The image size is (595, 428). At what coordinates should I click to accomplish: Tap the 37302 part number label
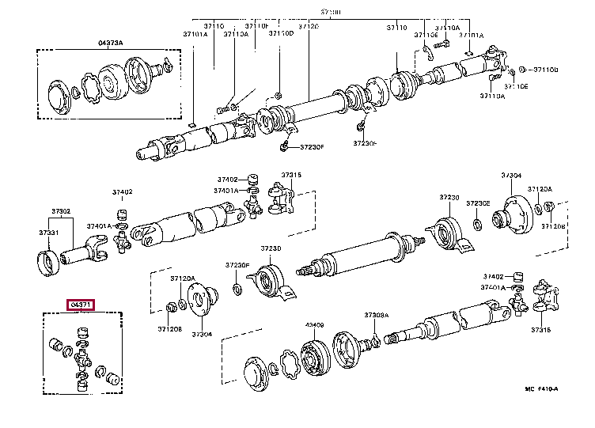pyautogui.click(x=61, y=211)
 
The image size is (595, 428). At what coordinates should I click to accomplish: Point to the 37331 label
pyautogui.click(x=49, y=233)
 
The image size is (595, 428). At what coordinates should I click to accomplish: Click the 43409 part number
pyautogui.click(x=314, y=325)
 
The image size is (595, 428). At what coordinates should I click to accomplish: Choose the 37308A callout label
pyautogui.click(x=377, y=315)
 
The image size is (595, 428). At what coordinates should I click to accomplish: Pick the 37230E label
pyautogui.click(x=478, y=203)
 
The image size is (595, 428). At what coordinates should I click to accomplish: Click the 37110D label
pyautogui.click(x=280, y=34)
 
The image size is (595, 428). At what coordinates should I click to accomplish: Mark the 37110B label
pyautogui.click(x=547, y=70)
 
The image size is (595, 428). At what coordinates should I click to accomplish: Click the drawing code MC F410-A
pyautogui.click(x=541, y=411)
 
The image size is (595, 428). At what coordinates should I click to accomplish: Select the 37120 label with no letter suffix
pyautogui.click(x=308, y=27)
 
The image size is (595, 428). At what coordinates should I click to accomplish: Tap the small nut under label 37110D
pyautogui.click(x=279, y=87)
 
